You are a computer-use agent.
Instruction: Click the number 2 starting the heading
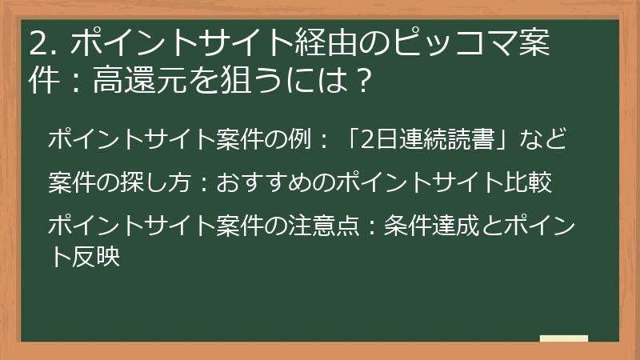[37, 45]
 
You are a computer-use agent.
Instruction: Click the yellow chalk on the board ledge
[563, 338]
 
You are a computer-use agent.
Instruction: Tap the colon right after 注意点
[366, 226]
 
